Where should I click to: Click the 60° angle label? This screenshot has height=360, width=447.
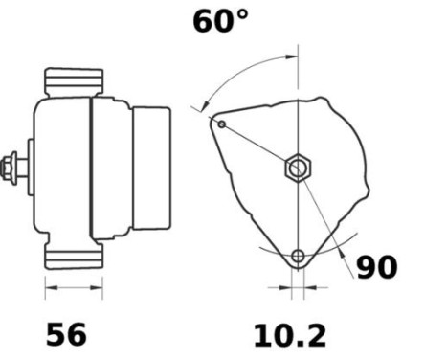220,21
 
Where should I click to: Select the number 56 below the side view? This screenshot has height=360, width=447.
66,334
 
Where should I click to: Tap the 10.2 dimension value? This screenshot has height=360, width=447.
289,334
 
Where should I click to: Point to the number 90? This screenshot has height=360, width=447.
376,267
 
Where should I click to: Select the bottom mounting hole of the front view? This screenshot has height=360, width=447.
300,256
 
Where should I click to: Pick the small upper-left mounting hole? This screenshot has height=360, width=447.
221,124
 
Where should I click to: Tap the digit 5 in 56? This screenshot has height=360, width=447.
56,334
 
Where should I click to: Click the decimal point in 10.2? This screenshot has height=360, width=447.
289,344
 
